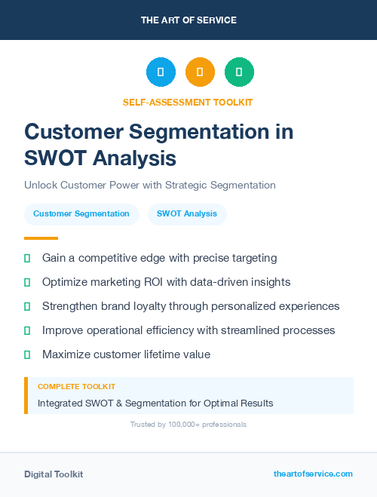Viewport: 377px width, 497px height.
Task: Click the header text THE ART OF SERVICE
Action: point(188,20)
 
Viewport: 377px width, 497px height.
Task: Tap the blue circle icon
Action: point(161,72)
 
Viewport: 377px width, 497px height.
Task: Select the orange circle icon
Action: point(200,72)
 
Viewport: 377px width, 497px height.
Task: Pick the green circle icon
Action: point(239,72)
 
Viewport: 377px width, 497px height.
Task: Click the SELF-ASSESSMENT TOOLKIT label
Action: point(188,102)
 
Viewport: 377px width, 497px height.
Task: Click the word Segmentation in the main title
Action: point(204,131)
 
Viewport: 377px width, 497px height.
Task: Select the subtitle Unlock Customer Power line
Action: point(150,185)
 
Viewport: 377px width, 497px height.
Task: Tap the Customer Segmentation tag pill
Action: point(81,214)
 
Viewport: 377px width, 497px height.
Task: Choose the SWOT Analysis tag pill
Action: point(187,214)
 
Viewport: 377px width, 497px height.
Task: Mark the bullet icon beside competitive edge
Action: point(27,258)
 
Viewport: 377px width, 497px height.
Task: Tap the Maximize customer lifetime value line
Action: point(126,354)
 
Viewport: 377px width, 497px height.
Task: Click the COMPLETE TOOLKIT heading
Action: point(76,386)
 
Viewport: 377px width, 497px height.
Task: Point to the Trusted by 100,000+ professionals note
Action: point(188,425)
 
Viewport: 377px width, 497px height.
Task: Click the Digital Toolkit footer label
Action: point(54,474)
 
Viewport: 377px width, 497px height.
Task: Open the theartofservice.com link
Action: point(313,474)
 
